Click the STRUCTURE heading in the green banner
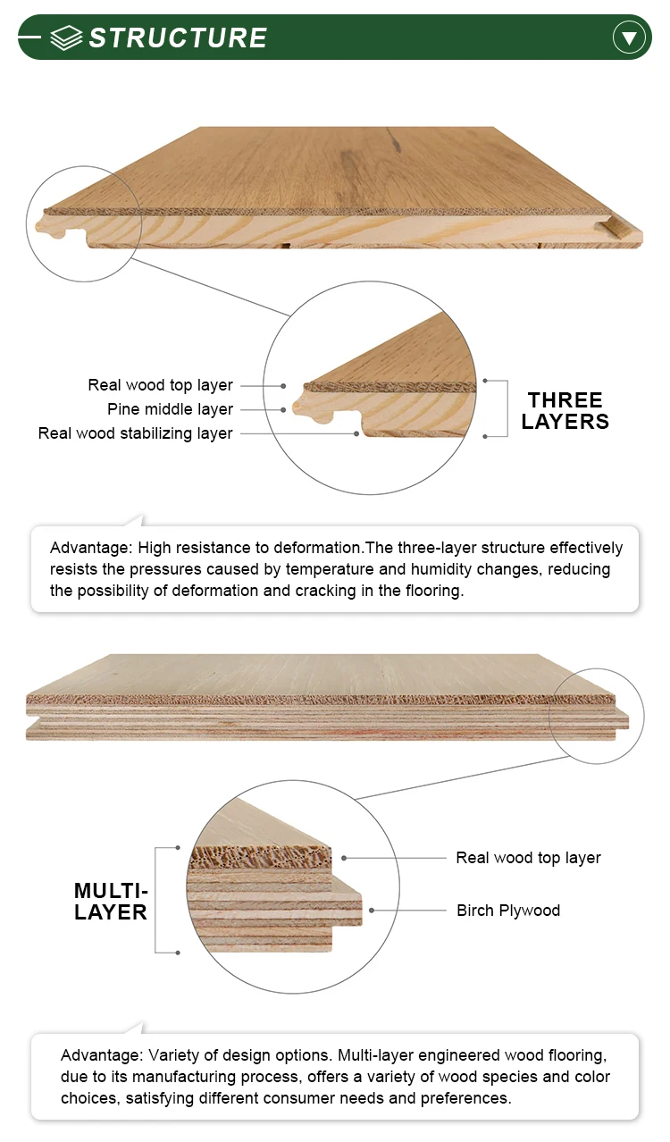(178, 38)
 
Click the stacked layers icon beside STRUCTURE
(66, 38)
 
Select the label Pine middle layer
(170, 409)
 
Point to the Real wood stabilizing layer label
(135, 433)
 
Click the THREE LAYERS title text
(565, 411)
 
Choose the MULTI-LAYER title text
(111, 901)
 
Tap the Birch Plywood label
(508, 911)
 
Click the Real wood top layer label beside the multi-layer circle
(528, 858)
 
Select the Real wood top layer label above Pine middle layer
(160, 385)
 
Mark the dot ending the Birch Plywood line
(371, 911)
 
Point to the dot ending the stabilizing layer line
(357, 434)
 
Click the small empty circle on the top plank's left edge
(84, 223)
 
